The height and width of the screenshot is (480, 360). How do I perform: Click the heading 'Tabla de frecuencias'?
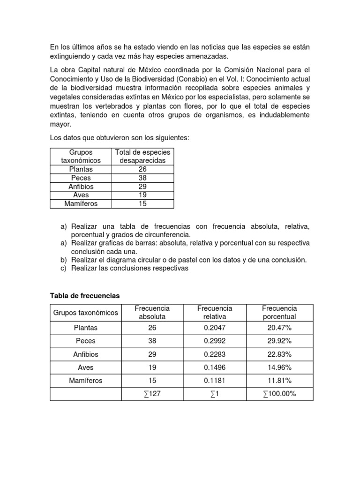85,296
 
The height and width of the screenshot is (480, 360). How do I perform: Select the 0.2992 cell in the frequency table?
215,341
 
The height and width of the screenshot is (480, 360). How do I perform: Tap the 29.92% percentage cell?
279,341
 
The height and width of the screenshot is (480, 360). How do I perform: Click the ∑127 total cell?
149,394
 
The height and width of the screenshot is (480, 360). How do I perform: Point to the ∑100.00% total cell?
279,394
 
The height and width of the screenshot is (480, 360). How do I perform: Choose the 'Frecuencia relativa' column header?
215,312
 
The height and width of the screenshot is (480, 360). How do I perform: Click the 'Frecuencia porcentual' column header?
279,312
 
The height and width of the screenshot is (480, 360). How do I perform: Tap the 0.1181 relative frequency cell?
215,381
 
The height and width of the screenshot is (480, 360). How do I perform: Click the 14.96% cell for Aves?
279,367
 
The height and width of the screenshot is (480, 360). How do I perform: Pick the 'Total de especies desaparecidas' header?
143,157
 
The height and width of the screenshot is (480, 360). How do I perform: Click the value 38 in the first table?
143,178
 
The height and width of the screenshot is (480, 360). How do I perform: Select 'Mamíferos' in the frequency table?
86,381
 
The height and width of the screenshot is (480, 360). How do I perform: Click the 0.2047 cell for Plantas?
215,328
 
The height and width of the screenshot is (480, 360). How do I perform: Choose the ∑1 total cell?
215,394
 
